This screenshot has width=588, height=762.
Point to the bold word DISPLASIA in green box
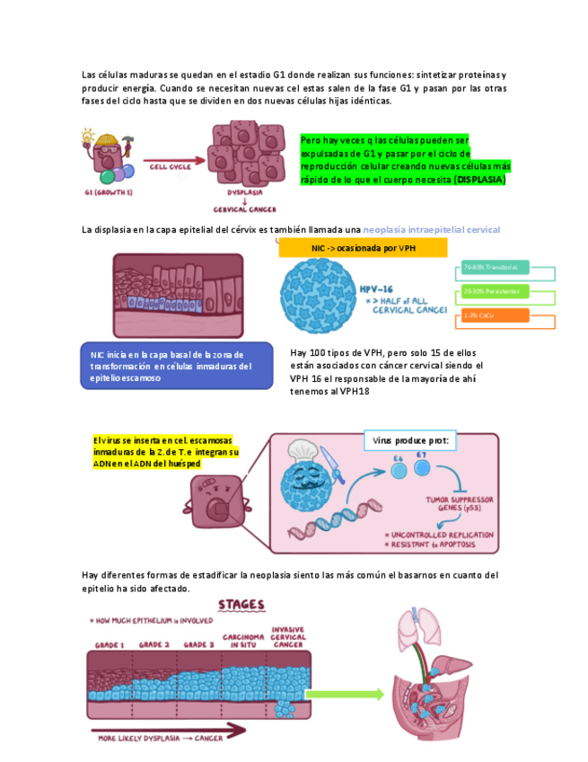pyautogui.click(x=479, y=180)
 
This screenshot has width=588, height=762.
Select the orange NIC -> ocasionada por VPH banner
pyautogui.click(x=362, y=247)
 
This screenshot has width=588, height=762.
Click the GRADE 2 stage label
pyautogui.click(x=154, y=644)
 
